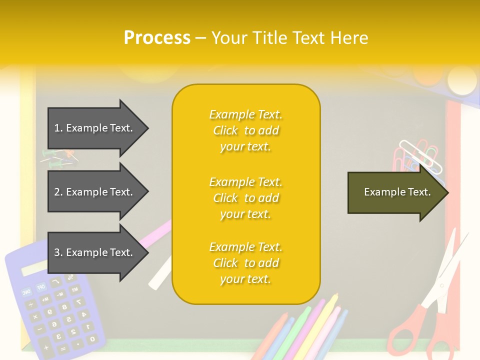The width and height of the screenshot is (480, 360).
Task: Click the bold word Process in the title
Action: [157, 38]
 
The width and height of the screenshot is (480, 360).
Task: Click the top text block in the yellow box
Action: [245, 130]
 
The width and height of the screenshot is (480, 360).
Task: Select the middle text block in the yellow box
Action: [245, 198]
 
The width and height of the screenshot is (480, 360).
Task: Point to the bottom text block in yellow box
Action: [245, 263]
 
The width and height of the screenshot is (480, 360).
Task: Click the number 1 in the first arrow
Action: [57, 128]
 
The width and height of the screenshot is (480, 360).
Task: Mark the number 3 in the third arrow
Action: [57, 252]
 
